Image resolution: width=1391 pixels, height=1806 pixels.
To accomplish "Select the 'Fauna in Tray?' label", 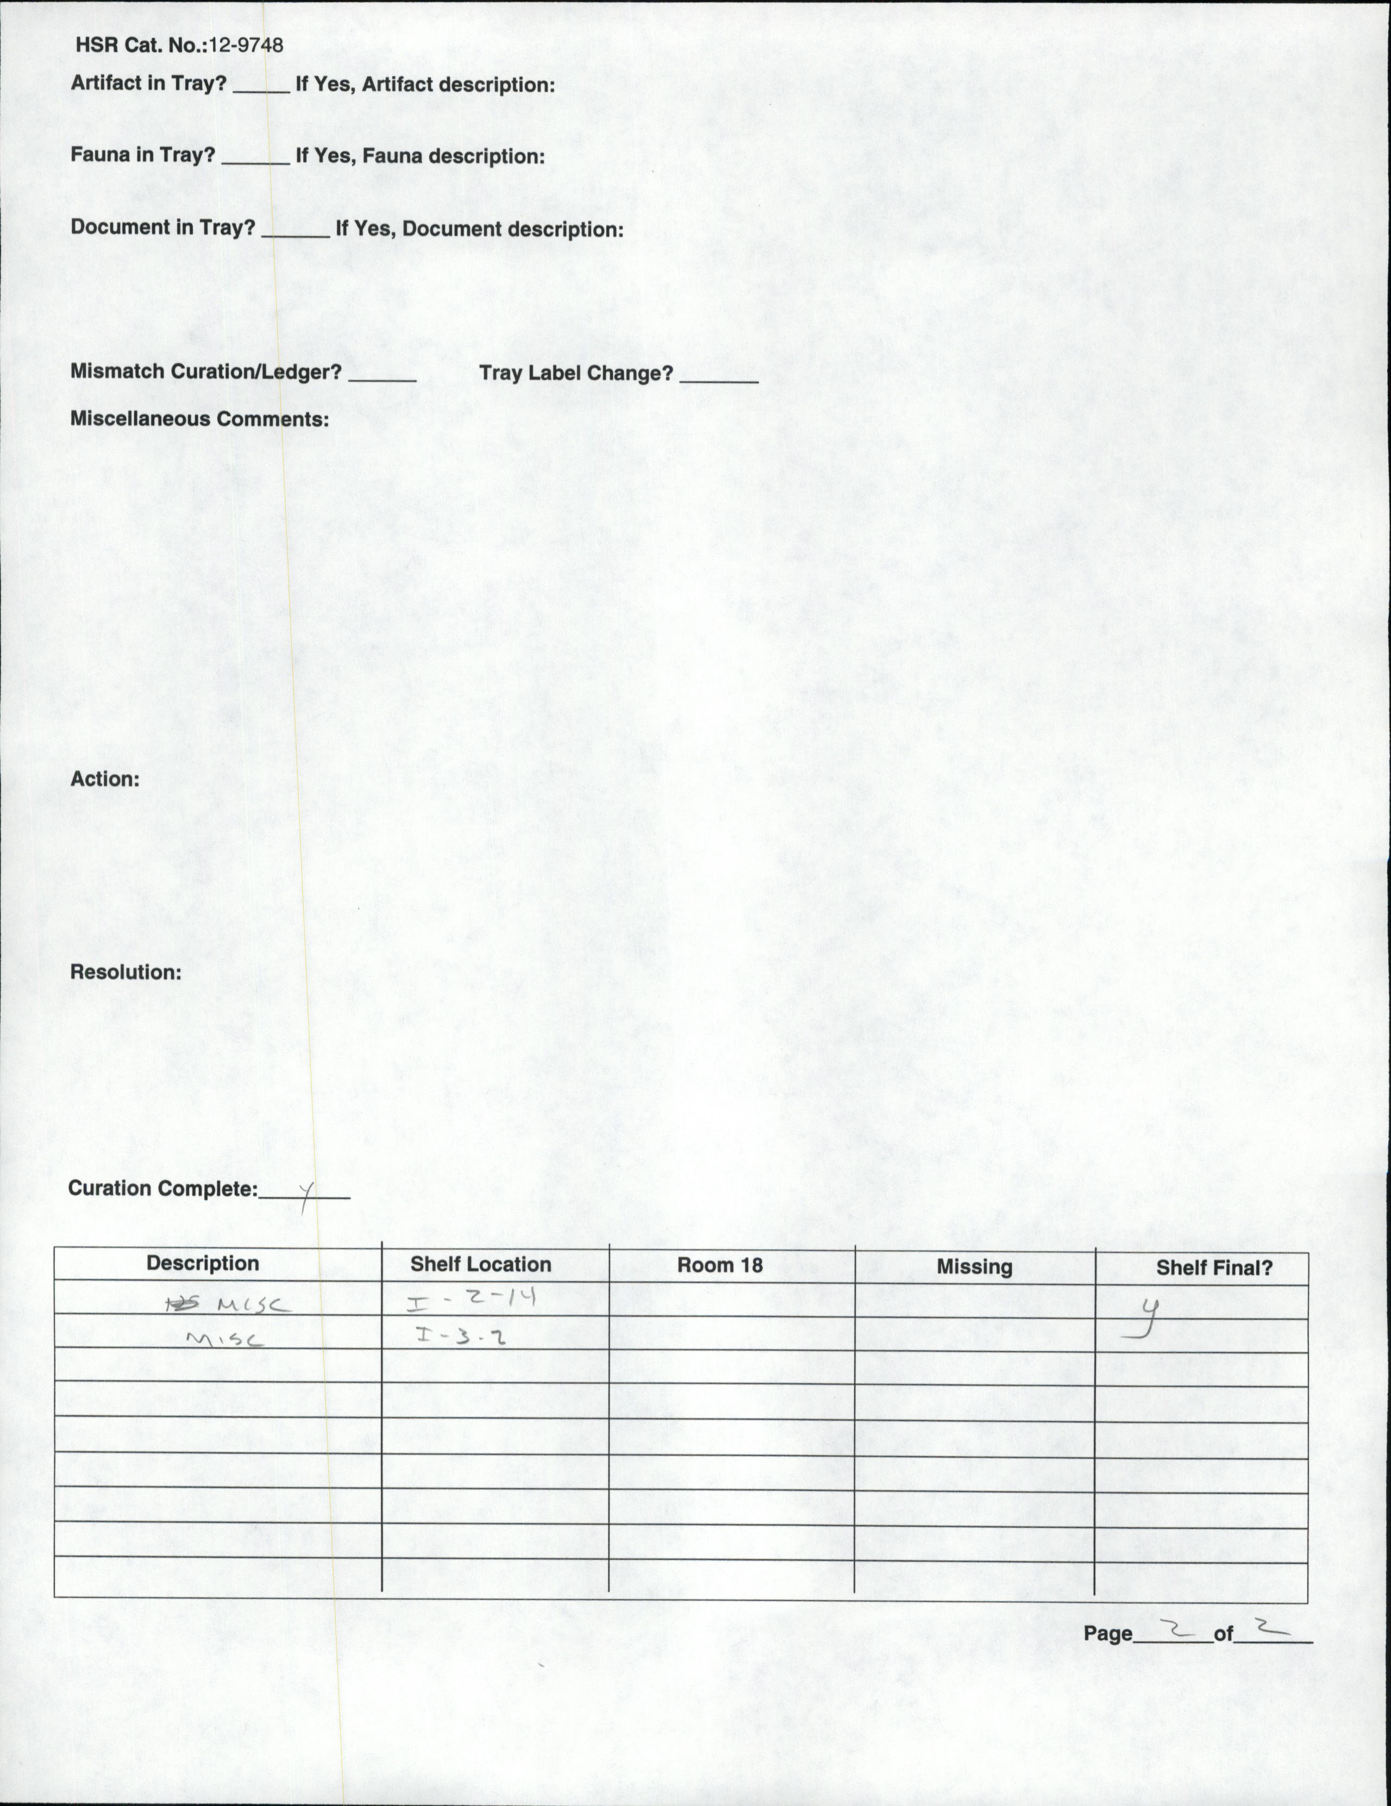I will pos(142,155).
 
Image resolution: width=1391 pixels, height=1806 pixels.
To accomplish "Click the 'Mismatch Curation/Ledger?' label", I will pos(205,371).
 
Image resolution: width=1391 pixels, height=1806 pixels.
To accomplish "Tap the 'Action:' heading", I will pos(104,779).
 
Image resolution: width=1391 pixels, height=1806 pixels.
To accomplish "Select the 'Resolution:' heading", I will pos(125,971).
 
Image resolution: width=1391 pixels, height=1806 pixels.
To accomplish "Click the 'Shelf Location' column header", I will pos(480,1264).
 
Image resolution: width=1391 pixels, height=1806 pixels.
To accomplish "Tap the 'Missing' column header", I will pos(974,1267).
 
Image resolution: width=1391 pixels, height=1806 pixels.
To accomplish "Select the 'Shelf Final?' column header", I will pos(1213,1268).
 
